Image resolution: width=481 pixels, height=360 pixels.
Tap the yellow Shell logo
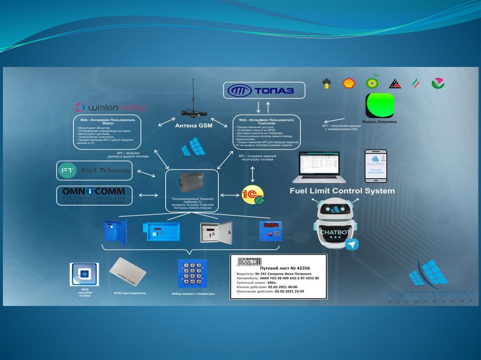pyautogui.click(x=349, y=84)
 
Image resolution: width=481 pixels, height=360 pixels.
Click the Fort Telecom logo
pyautogui.click(x=94, y=170)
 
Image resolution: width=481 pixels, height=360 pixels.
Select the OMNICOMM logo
pyautogui.click(x=94, y=195)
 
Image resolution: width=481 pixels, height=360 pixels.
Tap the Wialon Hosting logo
pyautogui.click(x=110, y=107)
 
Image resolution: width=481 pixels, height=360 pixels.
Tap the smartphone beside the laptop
pyautogui.click(x=376, y=166)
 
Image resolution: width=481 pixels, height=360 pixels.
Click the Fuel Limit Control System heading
pyautogui.click(x=342, y=191)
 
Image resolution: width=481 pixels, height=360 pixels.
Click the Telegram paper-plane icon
pyautogui.click(x=351, y=245)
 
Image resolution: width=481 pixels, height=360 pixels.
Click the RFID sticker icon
pyautogui.click(x=85, y=274)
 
